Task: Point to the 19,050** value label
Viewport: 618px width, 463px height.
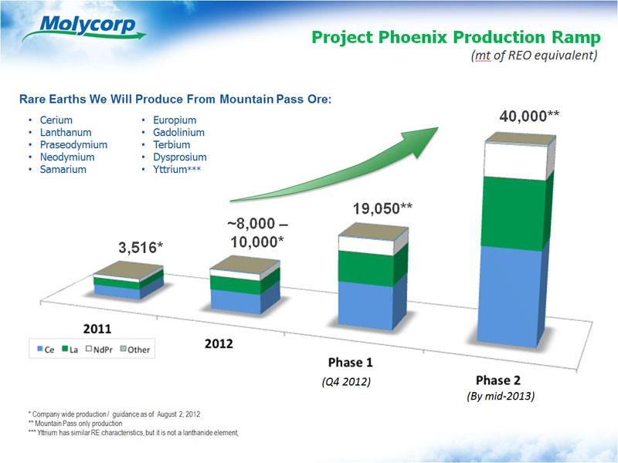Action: tap(383, 208)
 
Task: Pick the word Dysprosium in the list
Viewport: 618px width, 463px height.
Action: tap(176, 157)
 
